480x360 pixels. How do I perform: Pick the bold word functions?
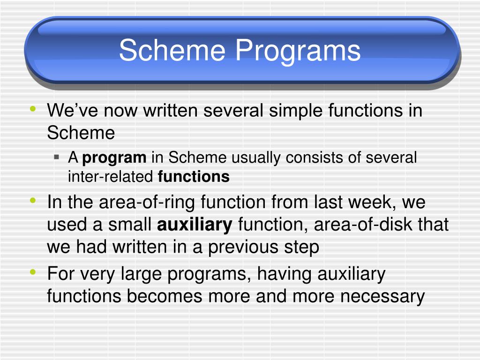click(x=194, y=177)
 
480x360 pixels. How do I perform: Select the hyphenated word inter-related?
click(x=111, y=177)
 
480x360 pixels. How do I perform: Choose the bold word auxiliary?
click(x=195, y=225)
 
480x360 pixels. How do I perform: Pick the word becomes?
click(x=165, y=296)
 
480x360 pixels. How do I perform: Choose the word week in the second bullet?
click(x=370, y=202)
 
